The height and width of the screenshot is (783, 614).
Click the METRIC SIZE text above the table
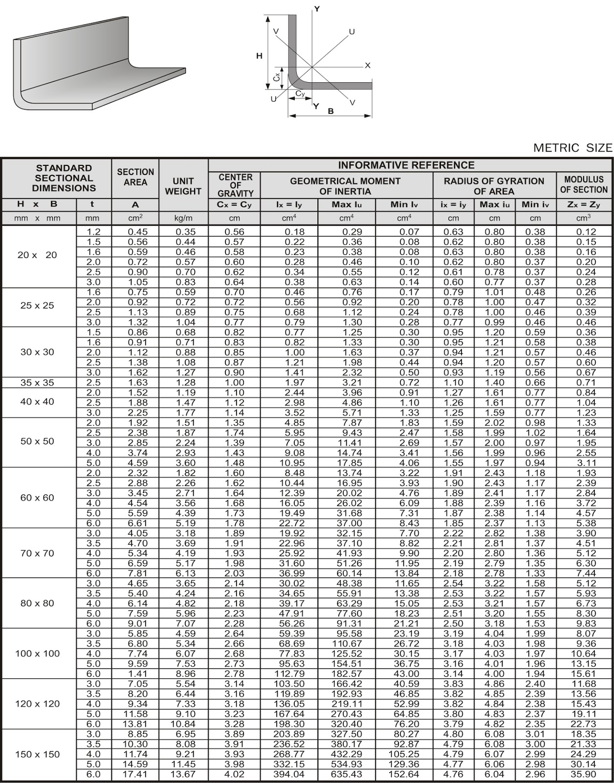pyautogui.click(x=572, y=148)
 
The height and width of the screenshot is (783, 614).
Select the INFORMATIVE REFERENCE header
pyautogui.click(x=406, y=165)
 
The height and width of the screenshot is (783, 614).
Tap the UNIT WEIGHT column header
pyautogui.click(x=183, y=186)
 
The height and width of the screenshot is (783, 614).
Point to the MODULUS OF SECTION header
pyautogui.click(x=584, y=184)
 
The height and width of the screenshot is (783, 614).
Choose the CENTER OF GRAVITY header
pyautogui.click(x=235, y=185)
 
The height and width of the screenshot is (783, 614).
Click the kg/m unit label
pyautogui.click(x=183, y=218)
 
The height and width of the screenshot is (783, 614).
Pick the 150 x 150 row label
pyautogui.click(x=37, y=754)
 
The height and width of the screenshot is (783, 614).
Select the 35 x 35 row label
pyautogui.click(x=37, y=383)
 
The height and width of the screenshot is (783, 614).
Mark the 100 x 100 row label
pyautogui.click(x=37, y=654)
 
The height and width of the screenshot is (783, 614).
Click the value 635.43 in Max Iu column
pyautogui.click(x=347, y=774)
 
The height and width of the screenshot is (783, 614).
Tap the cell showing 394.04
pyautogui.click(x=289, y=774)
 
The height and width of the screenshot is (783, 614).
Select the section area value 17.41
pyautogui.click(x=135, y=774)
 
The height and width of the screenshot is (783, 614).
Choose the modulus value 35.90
pyautogui.click(x=584, y=774)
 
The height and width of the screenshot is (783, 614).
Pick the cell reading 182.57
pyautogui.click(x=347, y=674)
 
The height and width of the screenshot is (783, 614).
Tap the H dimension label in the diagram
pyautogui.click(x=260, y=56)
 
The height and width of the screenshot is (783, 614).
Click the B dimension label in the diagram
pyautogui.click(x=331, y=112)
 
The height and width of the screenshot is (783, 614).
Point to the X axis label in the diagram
pyautogui.click(x=368, y=66)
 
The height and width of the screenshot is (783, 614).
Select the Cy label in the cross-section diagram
pyautogui.click(x=300, y=93)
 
